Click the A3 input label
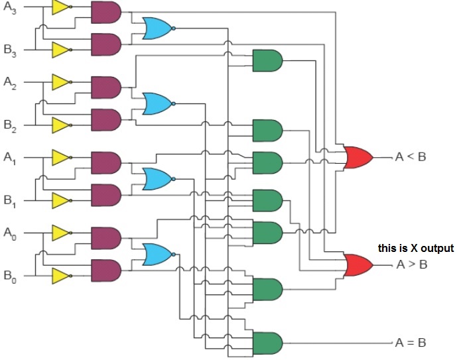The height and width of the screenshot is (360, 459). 10,7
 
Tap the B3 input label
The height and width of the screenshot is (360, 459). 10,50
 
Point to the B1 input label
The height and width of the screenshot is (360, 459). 10,202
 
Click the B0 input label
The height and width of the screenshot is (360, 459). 10,276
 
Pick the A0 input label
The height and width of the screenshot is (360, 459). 10,233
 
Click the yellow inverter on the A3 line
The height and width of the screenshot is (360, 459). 62,7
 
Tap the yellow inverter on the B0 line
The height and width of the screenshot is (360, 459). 62,276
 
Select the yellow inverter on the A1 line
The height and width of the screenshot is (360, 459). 62,158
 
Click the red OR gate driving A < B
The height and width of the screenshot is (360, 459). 358,158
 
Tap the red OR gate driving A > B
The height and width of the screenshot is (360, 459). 358,265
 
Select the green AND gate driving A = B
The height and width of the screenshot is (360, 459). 267,343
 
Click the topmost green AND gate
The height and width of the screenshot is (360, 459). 267,60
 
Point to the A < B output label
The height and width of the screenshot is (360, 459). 411,157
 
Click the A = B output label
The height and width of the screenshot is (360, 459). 411,343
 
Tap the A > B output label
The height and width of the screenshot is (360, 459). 412,265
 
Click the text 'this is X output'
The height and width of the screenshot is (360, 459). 416,248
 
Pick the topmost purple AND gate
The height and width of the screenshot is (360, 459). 106,13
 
